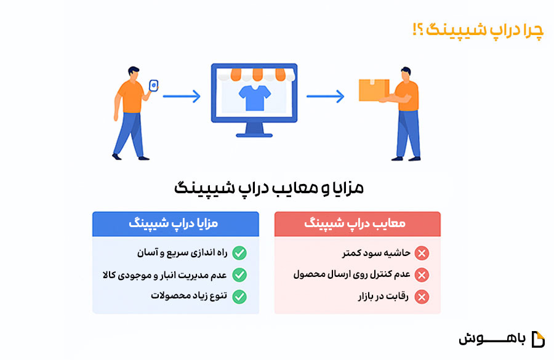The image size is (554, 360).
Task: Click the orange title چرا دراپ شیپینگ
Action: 478,30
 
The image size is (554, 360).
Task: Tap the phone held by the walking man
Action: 154,86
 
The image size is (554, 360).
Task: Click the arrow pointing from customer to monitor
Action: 182,96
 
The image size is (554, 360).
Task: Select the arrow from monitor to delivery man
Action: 326,96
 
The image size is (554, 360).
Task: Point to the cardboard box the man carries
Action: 374,90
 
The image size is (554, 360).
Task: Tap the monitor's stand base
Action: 254,135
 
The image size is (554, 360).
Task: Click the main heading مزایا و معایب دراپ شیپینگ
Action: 269,188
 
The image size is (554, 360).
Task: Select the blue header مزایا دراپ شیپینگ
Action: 175,223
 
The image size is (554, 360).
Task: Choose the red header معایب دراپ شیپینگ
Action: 357,223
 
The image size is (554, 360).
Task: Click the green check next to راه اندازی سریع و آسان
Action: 239,253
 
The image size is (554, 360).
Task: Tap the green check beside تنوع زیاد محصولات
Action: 239,297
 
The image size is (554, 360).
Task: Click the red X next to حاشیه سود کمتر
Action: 422,253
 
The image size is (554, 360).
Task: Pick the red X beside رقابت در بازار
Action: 422,297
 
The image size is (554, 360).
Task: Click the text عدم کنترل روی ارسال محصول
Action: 352,274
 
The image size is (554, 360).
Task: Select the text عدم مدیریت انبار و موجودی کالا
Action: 165,275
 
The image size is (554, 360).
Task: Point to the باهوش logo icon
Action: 538,339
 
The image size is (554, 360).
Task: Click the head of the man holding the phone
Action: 133,73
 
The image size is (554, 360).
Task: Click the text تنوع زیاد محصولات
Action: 189,296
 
